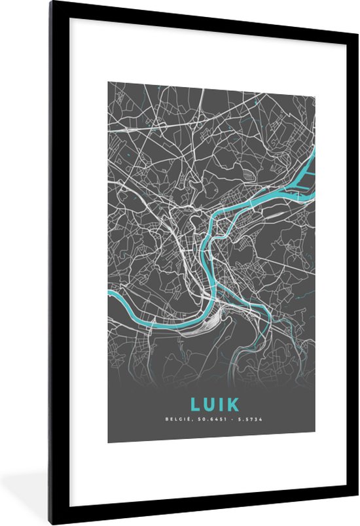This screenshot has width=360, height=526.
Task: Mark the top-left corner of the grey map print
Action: point(108,82)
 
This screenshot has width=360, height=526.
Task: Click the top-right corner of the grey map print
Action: point(315,82)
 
